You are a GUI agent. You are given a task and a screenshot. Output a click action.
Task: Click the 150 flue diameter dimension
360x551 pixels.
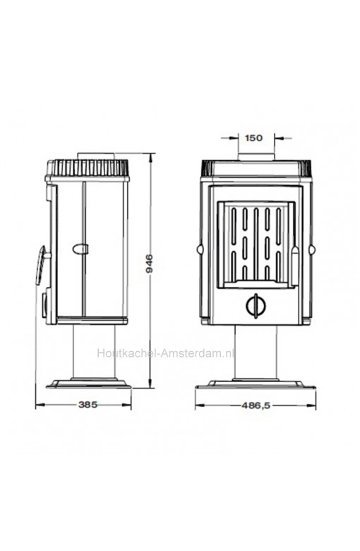[253, 138]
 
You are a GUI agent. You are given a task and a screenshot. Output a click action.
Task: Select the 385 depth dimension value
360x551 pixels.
[88, 405]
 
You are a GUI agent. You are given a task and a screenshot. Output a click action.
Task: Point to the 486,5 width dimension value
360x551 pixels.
[256, 405]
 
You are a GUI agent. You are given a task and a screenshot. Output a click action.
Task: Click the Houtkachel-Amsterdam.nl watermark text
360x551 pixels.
[166, 352]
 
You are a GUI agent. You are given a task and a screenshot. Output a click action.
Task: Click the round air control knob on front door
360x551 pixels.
[256, 306]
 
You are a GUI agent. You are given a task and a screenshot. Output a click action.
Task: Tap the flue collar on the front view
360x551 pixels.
[256, 157]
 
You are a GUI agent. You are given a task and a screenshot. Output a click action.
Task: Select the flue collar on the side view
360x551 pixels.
[96, 156]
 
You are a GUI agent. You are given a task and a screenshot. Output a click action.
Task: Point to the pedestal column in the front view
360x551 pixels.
[256, 352]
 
